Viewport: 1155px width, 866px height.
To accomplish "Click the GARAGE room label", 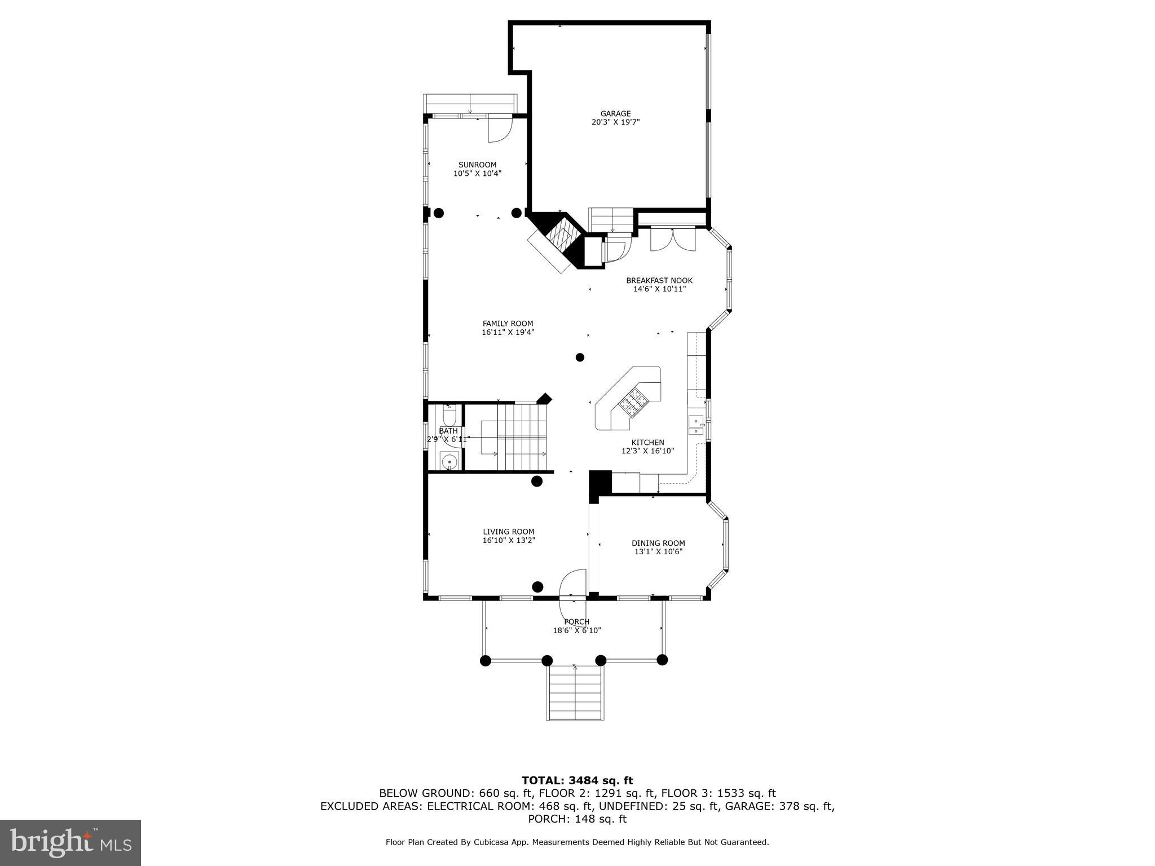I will [x=615, y=113].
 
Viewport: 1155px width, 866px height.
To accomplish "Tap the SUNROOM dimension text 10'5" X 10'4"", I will [x=477, y=174].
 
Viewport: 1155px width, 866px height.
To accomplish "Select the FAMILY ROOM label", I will [x=508, y=324].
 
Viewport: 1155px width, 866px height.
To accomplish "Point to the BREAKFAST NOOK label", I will [x=659, y=280].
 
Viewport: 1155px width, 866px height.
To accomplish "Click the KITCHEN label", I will [x=647, y=443].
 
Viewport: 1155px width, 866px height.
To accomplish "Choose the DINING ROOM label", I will [x=658, y=543].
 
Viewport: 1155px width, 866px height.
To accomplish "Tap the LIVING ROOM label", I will [x=508, y=531].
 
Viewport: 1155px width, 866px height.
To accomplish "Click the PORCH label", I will [x=576, y=621].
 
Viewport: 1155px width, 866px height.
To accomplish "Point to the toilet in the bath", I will [x=449, y=416].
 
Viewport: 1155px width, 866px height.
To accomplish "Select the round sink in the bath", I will [x=449, y=461].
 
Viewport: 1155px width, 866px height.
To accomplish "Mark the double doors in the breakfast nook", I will [x=673, y=239].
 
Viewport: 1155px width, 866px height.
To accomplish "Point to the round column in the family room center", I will [x=580, y=357].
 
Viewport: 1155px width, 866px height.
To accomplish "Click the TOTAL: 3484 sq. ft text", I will [x=577, y=780].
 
